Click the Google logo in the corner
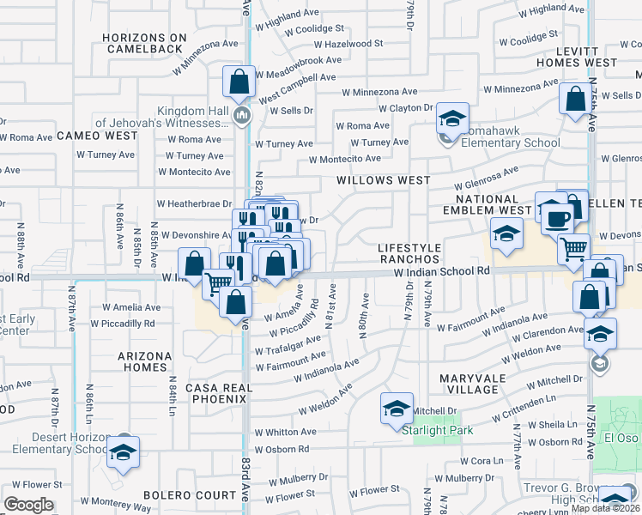coord(28,505)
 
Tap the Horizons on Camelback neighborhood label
coord(144,44)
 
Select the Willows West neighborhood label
coord(384,180)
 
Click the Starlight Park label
coord(432,429)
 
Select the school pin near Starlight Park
coord(396,408)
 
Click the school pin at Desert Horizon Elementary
coord(124,452)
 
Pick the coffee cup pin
coord(556,218)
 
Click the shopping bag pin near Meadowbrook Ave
coord(239,82)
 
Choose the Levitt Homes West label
coord(576,57)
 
